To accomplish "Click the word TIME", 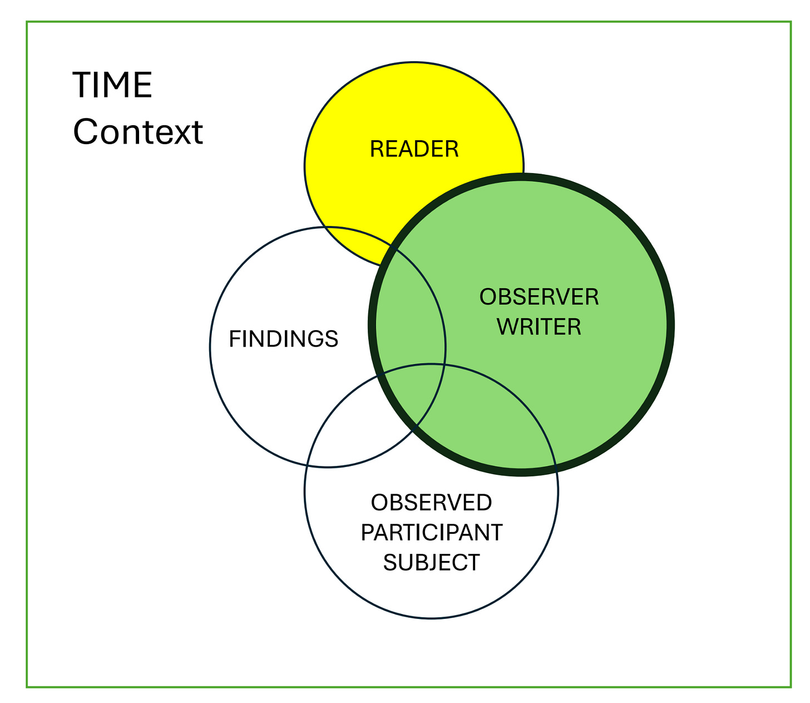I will [112, 85].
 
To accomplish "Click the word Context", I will [138, 132].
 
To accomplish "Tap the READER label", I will [414, 149].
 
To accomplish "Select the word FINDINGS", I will [284, 339].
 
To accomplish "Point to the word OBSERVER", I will [539, 297].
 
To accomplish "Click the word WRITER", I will [539, 327].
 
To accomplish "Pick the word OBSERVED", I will [431, 503].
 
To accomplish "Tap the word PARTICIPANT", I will [431, 533].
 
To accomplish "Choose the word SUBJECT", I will [431, 562].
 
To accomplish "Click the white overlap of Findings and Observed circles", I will [356, 423].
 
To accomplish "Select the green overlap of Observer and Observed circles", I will [490, 423].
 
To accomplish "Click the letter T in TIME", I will [81, 85].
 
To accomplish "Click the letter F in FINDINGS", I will [234, 339].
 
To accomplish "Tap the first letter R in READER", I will [376, 149].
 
